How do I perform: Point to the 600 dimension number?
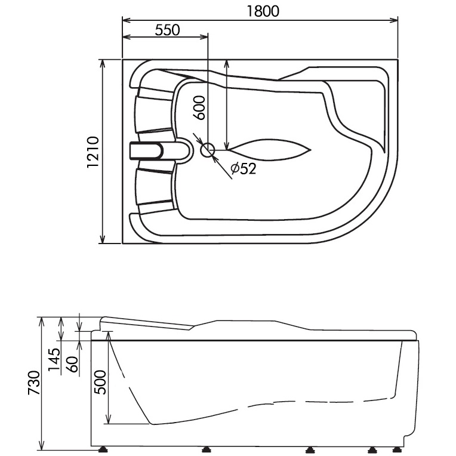[201, 108]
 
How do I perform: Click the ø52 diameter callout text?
[243, 169]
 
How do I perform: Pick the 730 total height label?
[34, 383]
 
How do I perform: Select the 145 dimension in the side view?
[54, 361]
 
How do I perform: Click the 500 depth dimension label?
[100, 382]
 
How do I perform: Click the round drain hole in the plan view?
[208, 150]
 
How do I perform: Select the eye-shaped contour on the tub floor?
[269, 150]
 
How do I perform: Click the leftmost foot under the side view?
[106, 449]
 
